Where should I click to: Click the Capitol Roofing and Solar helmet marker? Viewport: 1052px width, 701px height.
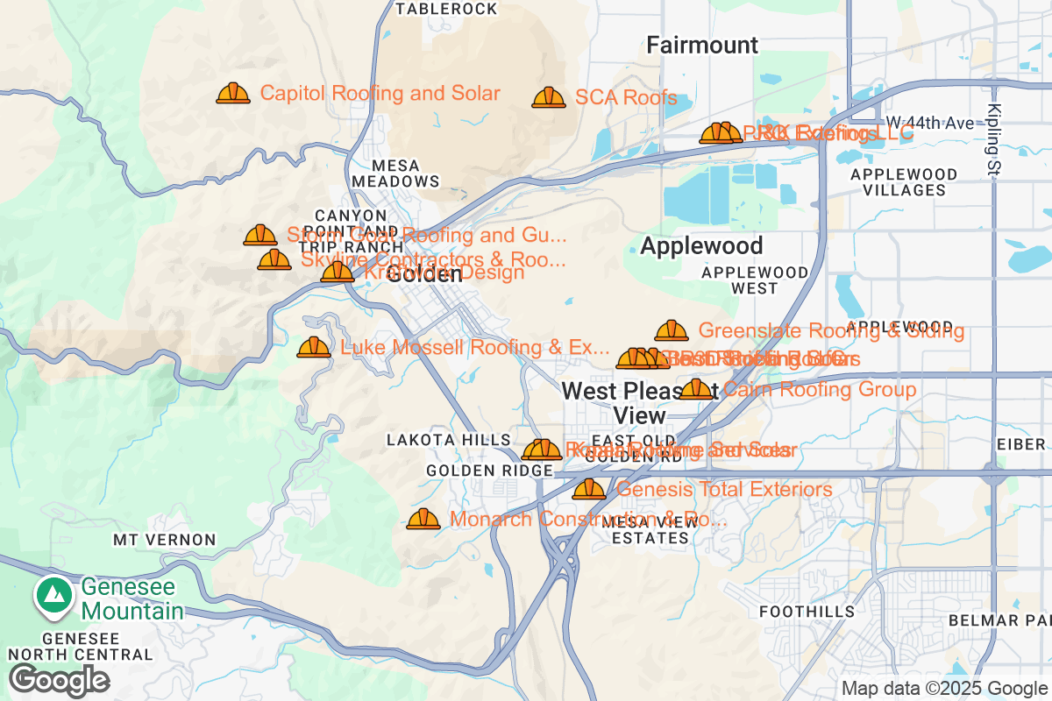point(233,93)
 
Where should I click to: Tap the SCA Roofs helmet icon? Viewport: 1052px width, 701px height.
point(549,97)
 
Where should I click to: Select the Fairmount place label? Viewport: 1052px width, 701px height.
point(702,45)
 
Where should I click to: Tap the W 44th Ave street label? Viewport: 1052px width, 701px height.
point(929,123)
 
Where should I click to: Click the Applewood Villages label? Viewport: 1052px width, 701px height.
point(899,181)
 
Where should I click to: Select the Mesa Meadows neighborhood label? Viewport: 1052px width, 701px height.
point(395,173)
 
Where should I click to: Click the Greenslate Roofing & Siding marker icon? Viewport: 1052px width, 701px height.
point(672,330)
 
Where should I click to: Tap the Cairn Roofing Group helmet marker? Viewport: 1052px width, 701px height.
point(697,389)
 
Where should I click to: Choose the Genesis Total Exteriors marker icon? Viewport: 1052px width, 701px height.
point(589,489)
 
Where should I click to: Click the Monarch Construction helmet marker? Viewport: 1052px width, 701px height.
point(423,519)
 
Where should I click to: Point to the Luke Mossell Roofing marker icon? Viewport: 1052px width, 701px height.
point(314,348)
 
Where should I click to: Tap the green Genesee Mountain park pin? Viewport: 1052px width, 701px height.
point(54,595)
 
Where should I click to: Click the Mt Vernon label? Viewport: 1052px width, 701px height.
point(165,540)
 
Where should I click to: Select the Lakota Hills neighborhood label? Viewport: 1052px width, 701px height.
point(448,440)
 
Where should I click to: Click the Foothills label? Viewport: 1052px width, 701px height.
point(807,611)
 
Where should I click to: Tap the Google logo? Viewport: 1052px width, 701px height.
point(59,679)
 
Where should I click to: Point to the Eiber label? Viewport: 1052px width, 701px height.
point(1021,445)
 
